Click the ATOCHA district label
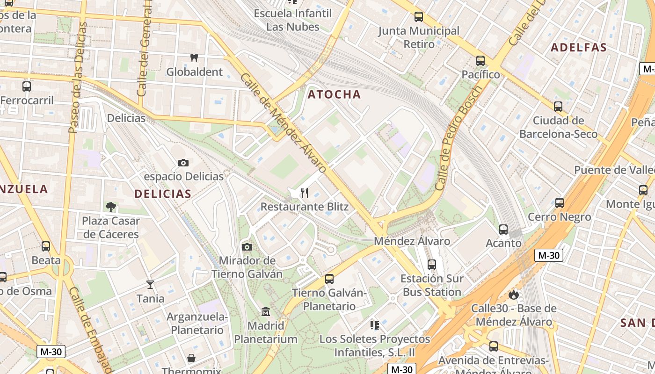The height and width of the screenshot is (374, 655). (x=334, y=94)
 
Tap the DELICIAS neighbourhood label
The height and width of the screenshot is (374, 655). (x=163, y=194)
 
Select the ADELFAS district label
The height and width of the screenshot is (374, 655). (x=579, y=47)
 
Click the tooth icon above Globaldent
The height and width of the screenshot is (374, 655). (x=194, y=58)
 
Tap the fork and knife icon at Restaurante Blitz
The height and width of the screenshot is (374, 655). (x=305, y=193)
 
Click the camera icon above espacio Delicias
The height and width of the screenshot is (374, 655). (x=183, y=163)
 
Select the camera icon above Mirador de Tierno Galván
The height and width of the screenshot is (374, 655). (x=247, y=247)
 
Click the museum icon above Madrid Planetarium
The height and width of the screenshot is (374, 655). (x=266, y=311)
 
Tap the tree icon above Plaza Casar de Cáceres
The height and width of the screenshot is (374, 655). (x=111, y=207)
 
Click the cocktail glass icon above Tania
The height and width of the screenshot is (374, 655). (x=150, y=284)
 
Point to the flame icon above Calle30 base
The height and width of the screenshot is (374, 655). (x=514, y=295)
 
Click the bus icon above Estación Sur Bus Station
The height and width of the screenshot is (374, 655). (x=432, y=265)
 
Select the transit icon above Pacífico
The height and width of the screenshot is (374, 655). (x=480, y=60)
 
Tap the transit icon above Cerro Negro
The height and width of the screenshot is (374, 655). (x=560, y=203)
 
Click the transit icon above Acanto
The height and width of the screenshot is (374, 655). (x=503, y=229)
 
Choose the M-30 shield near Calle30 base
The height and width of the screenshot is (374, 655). (x=548, y=255)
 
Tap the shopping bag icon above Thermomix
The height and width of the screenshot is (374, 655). (x=191, y=358)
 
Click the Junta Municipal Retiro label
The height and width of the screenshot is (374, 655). (x=419, y=37)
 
